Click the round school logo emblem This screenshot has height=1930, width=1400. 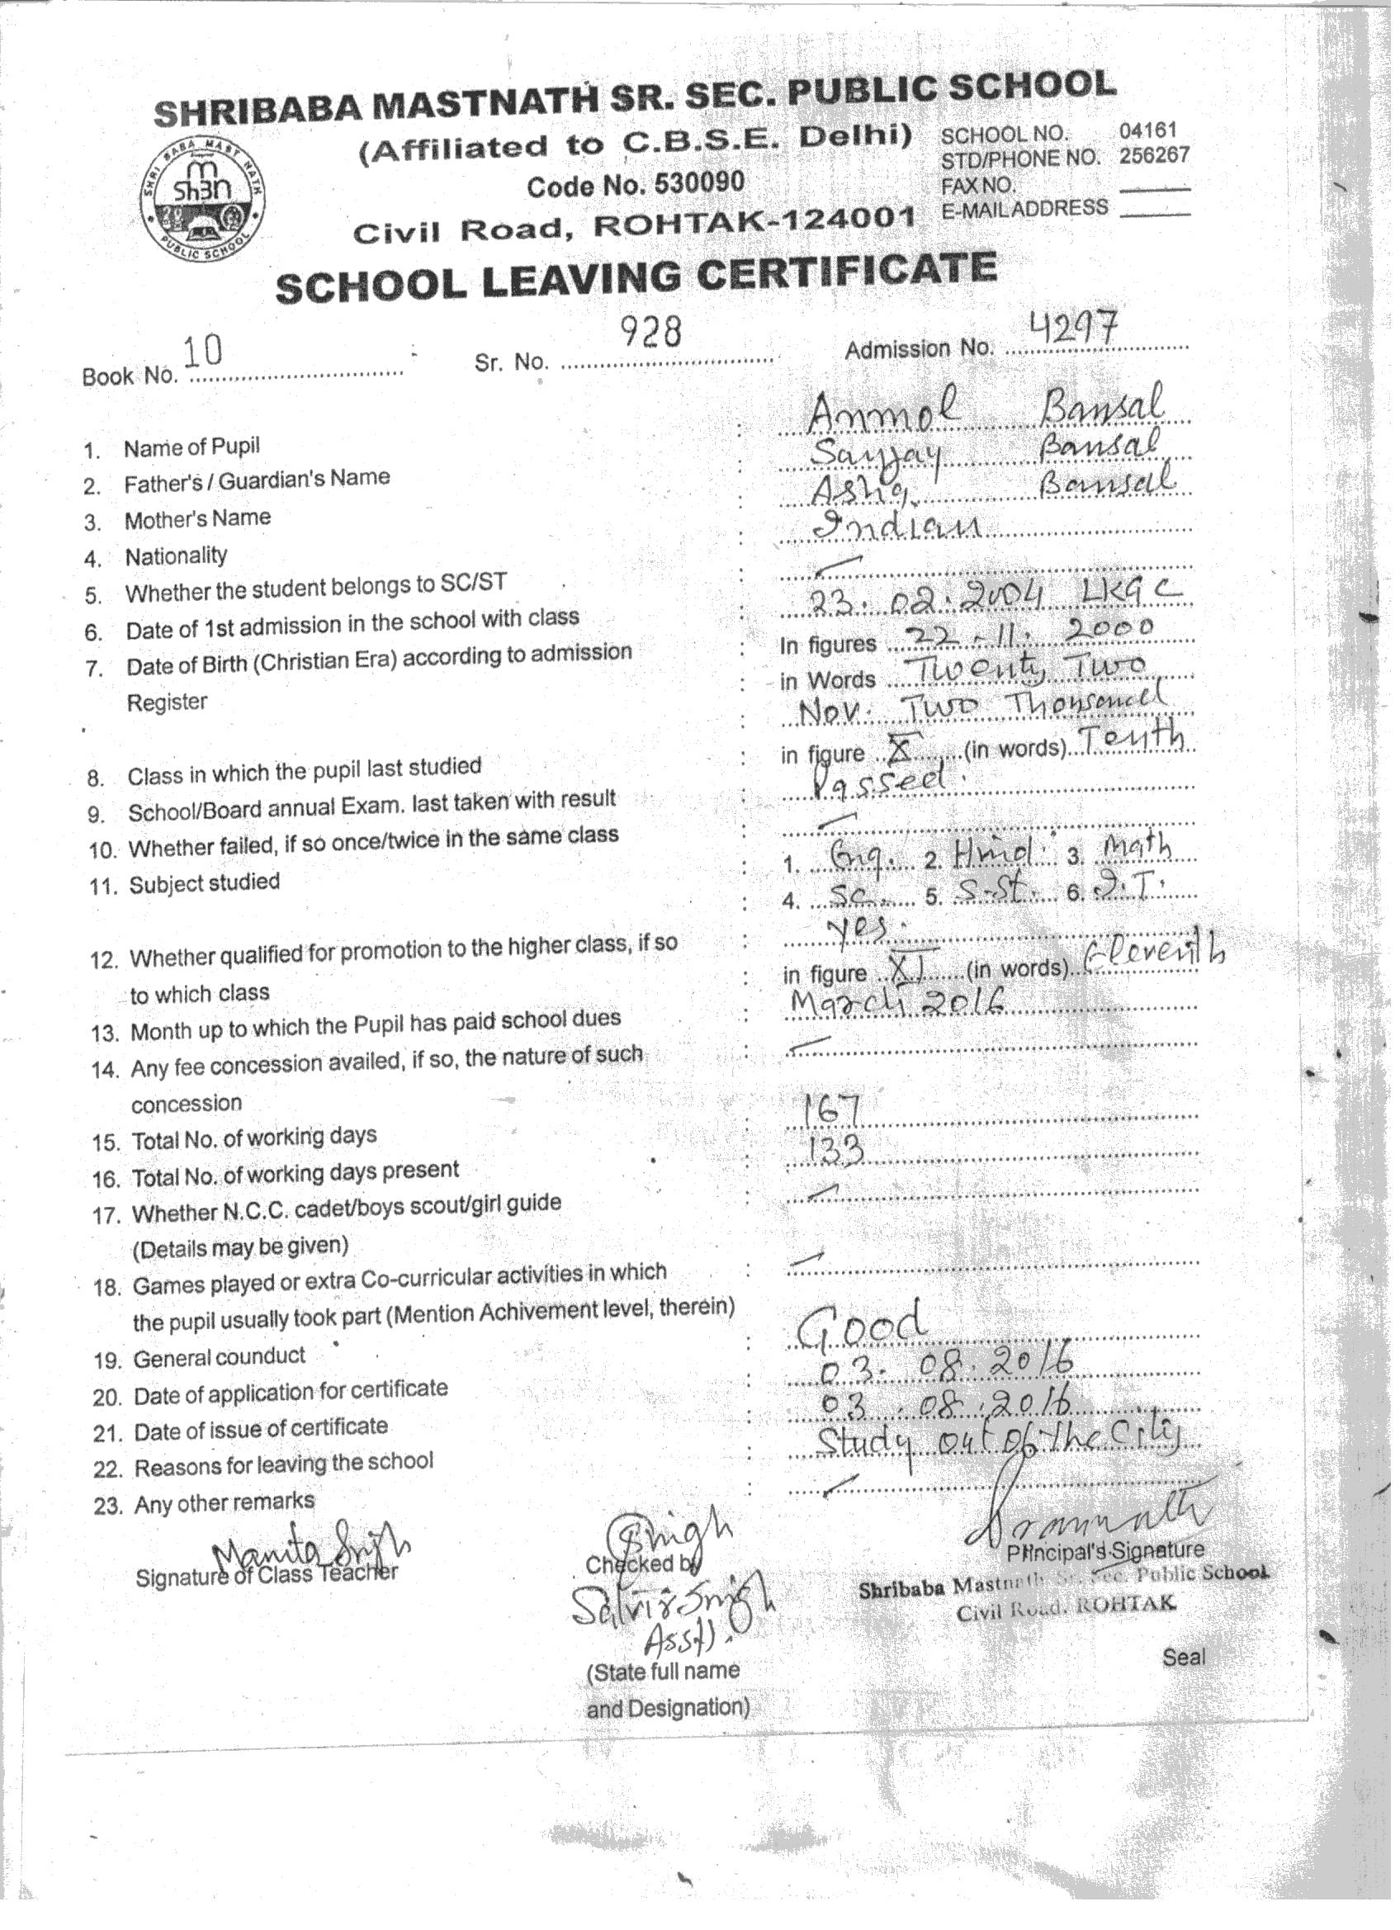point(201,197)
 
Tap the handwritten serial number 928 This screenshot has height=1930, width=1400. point(650,333)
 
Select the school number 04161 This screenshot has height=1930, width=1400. point(1147,131)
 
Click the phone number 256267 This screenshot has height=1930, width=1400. point(1154,156)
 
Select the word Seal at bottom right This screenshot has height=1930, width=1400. point(1184,1656)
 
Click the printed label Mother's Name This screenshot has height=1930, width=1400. point(197,518)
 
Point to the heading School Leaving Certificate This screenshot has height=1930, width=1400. point(636,277)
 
